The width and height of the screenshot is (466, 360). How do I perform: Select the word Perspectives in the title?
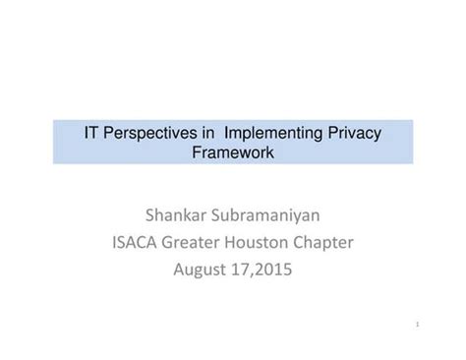(x=146, y=132)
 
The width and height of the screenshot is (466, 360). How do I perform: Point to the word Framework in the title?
(x=233, y=152)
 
